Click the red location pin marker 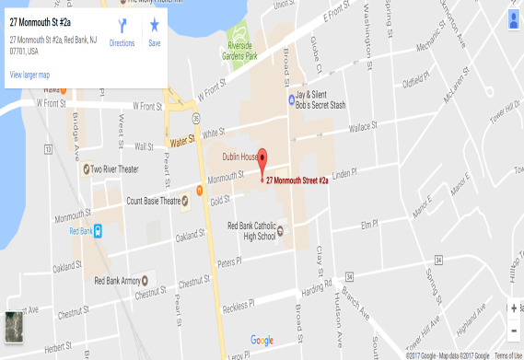tap(261, 159)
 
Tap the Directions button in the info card tap(122, 31)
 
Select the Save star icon tap(154, 31)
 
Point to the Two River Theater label tap(114, 169)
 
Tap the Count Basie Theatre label tap(154, 201)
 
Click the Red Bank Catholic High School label tap(250, 230)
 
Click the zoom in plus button tap(513, 308)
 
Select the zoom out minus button tap(513, 330)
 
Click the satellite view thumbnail tap(14, 325)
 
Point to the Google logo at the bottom tap(262, 341)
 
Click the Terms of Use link tap(507, 355)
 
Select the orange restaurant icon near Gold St tap(198, 191)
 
